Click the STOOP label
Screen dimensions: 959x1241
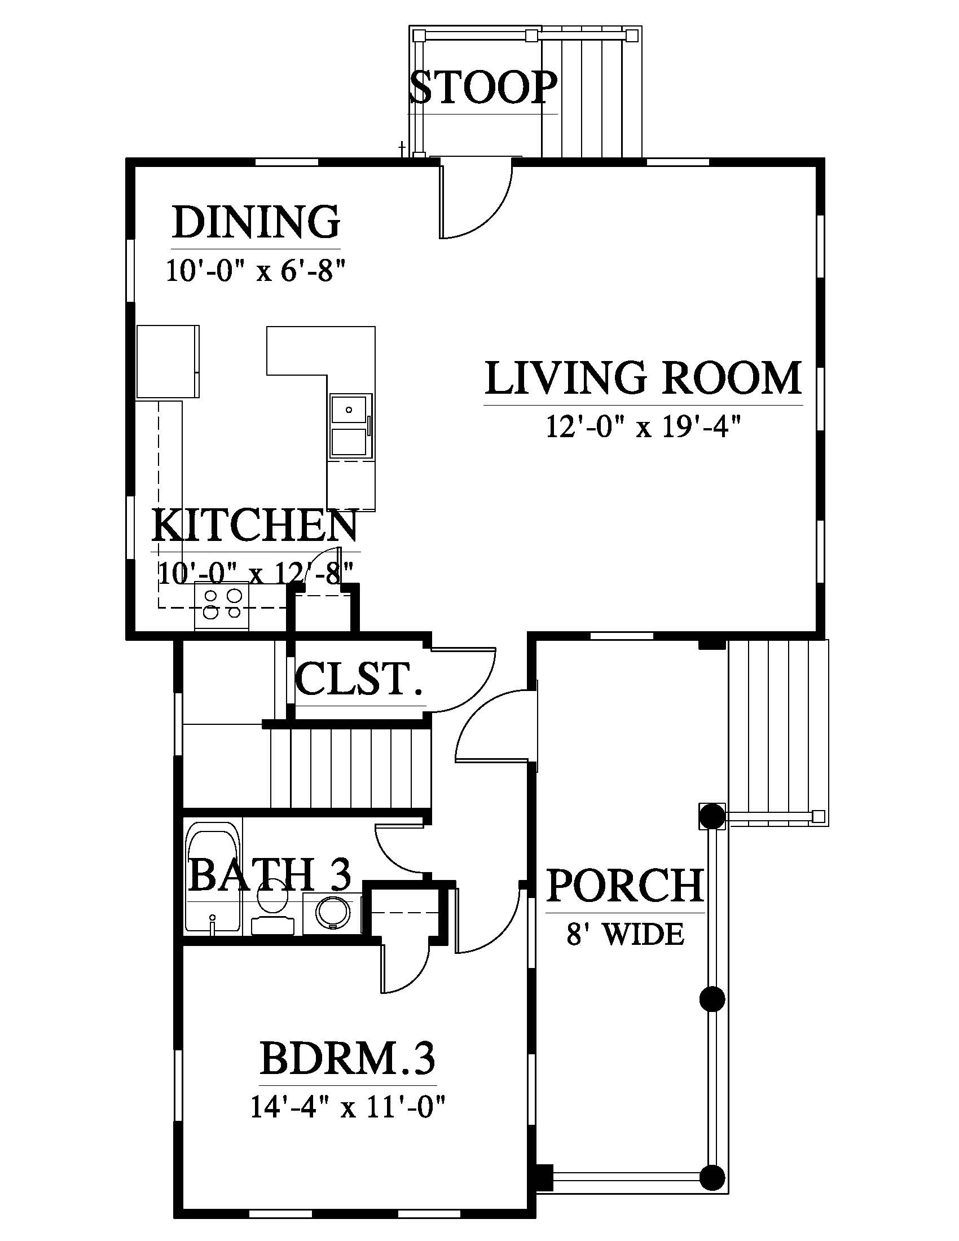482,87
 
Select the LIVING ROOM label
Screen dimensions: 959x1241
643,378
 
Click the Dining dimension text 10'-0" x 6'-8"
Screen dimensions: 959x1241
256,270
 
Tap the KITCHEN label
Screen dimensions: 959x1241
255,526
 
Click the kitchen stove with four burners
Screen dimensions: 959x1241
222,606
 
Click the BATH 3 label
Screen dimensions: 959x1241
269,874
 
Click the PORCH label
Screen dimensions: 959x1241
625,885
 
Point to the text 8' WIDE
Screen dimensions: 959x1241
625,934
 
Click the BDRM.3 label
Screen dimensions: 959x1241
347,1059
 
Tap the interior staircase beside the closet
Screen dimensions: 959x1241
349,768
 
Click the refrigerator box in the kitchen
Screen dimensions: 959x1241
168,362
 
